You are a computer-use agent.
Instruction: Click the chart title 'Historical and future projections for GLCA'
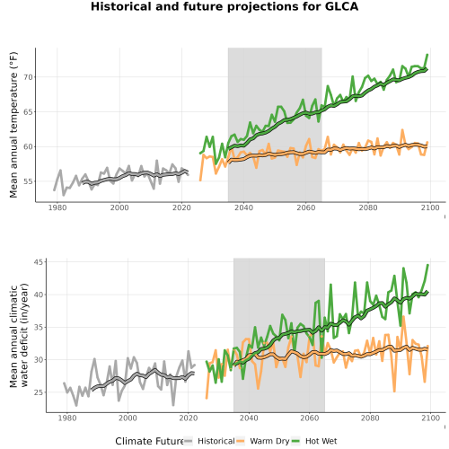pos(224,6)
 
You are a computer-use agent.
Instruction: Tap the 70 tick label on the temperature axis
pos(28,77)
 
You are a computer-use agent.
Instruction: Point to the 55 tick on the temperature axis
pos(28,181)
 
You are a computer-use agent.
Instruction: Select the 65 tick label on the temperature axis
pos(28,112)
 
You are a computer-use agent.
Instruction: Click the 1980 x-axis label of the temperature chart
pos(57,207)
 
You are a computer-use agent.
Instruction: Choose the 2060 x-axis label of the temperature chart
pos(306,207)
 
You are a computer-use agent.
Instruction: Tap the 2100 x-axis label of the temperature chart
pos(430,207)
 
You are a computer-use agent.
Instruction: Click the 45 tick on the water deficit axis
pos(40,262)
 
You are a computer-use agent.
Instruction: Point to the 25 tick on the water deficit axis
pos(40,392)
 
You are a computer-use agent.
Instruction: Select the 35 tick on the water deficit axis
pos(40,327)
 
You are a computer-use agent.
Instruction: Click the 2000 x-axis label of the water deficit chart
pos(128,418)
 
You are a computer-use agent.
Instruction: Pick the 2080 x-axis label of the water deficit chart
pos(370,418)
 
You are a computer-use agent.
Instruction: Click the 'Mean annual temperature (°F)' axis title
pos(13,125)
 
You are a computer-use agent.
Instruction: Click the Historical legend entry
pos(209,441)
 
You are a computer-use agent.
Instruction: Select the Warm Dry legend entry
pos(263,441)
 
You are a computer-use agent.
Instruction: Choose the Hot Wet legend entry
pos(314,441)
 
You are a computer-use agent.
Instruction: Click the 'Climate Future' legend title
pos(149,441)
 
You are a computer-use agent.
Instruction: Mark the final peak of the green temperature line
pos(427,55)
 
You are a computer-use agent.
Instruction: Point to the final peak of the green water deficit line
pos(428,265)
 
